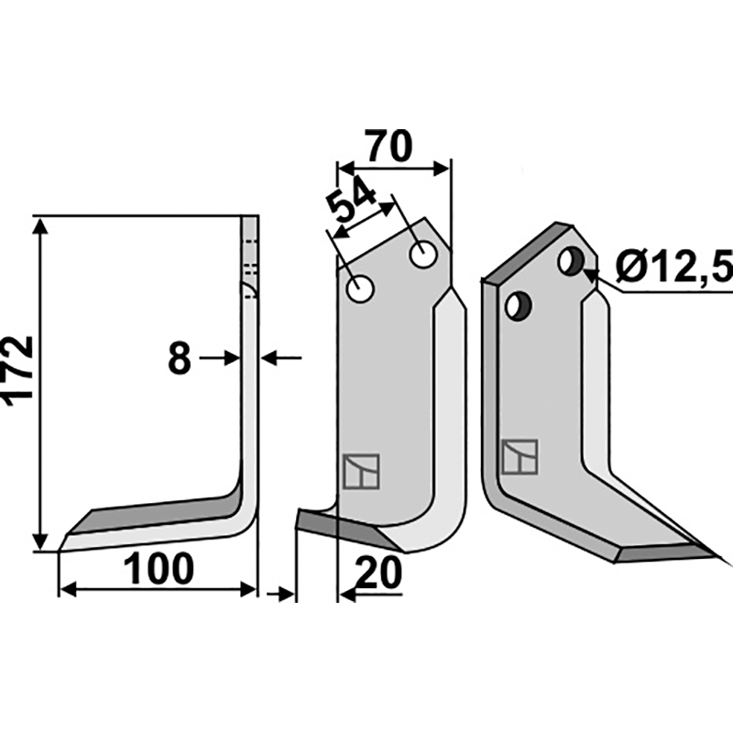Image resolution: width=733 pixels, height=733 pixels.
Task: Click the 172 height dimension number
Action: coord(18,368)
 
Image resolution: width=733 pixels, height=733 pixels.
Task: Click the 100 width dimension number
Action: coord(159,568)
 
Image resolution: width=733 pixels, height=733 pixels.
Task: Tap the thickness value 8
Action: coord(180,358)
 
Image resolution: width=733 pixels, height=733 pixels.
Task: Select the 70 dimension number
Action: coord(388,146)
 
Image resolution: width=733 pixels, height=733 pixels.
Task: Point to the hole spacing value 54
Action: coord(351,202)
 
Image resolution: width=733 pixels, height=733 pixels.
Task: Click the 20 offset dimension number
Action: coord(378,573)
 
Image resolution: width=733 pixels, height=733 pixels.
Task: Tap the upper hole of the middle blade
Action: coord(423,255)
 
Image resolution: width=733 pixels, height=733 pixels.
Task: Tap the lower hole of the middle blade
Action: coord(360,289)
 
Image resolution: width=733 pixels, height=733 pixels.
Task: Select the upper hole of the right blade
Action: coord(571,261)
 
